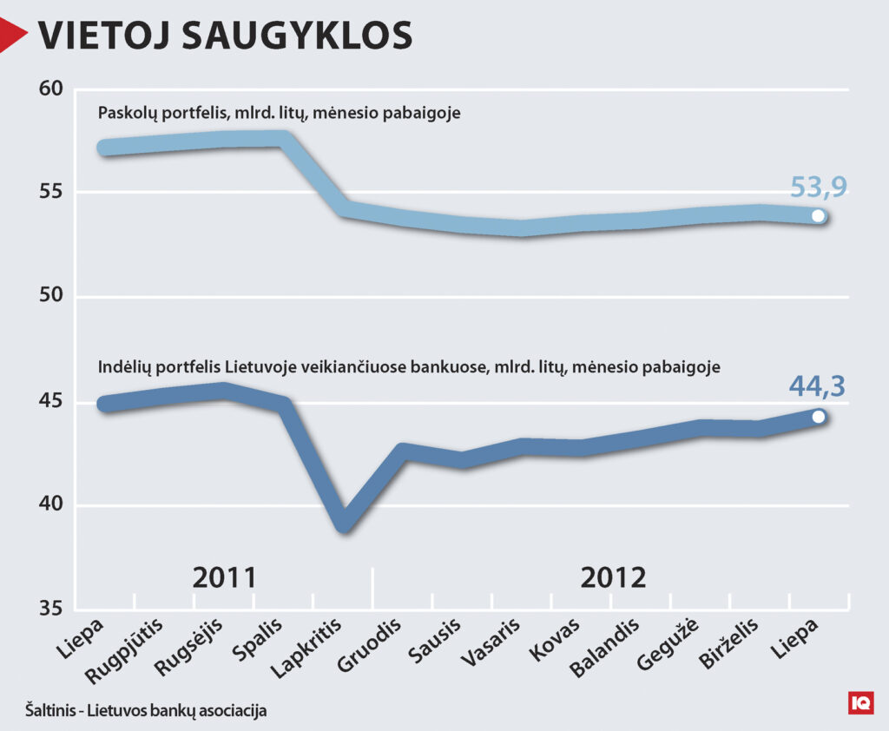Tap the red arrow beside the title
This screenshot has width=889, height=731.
(x=11, y=35)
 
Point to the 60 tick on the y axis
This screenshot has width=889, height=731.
(x=51, y=89)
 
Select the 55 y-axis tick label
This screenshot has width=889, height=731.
(x=51, y=192)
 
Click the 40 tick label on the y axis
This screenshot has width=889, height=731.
(x=51, y=504)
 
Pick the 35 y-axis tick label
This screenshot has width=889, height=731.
(x=51, y=608)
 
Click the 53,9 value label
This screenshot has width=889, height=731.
(x=819, y=187)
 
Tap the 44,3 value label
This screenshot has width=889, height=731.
(x=817, y=385)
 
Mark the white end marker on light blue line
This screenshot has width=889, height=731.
(x=818, y=216)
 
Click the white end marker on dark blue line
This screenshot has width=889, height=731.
(x=818, y=418)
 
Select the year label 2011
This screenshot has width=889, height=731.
(x=225, y=578)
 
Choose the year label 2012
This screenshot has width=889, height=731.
(x=614, y=578)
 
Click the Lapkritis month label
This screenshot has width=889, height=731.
(x=306, y=649)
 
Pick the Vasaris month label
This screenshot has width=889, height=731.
(x=491, y=642)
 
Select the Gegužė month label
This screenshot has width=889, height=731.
(x=668, y=645)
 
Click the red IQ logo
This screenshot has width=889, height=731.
(x=860, y=703)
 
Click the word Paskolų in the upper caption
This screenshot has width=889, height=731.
(x=128, y=113)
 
